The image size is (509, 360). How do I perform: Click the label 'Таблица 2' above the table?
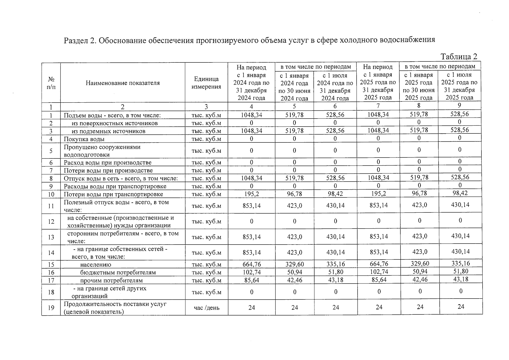coord(459,57)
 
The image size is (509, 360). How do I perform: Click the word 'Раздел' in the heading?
coord(76,40)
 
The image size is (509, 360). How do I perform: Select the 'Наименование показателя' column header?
coord(123,83)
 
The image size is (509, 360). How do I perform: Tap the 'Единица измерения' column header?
coord(206,83)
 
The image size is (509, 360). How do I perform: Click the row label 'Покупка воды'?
coord(84,139)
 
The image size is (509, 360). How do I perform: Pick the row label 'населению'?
coord(95,265)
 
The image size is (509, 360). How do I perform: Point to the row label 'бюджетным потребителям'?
coord(118,272)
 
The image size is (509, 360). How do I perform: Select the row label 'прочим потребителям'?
coord(111,280)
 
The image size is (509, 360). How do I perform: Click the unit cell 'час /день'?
coord(206,308)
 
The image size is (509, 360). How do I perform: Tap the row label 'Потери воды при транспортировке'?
coord(113,194)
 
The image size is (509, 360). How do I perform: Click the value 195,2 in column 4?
coord(251,194)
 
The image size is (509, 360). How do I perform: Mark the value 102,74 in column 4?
coord(251,272)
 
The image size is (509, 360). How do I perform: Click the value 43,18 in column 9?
coord(460,279)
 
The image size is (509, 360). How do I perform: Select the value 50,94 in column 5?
coord(294,272)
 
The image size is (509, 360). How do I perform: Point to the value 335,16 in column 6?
coord(335,264)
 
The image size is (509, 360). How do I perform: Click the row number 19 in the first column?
coord(51,308)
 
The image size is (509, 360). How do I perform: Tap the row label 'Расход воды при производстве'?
coord(108,163)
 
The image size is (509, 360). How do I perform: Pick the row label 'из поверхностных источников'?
coord(115,123)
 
